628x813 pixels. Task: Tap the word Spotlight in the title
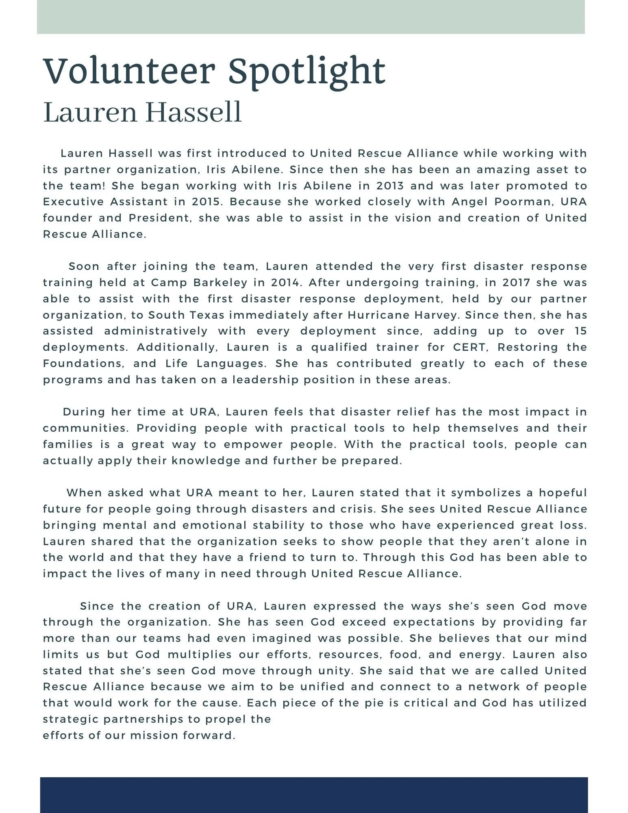tap(306, 72)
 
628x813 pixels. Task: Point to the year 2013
tap(390, 186)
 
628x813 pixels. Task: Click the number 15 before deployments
tap(580, 331)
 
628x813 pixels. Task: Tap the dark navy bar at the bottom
tap(314, 795)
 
